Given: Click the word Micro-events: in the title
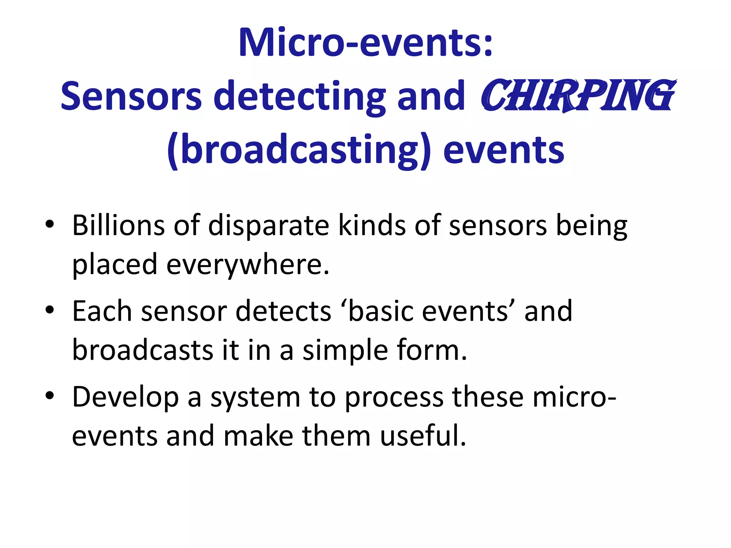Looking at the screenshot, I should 366,43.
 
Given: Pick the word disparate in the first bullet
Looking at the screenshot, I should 268,225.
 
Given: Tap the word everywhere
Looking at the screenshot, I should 248,265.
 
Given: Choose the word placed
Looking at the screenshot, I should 115,265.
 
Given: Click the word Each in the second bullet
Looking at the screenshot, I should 102,311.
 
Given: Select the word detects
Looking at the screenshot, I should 283,311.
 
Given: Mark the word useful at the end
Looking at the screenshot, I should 423,436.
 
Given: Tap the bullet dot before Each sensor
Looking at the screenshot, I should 50,310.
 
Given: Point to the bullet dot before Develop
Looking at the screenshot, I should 50,396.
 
